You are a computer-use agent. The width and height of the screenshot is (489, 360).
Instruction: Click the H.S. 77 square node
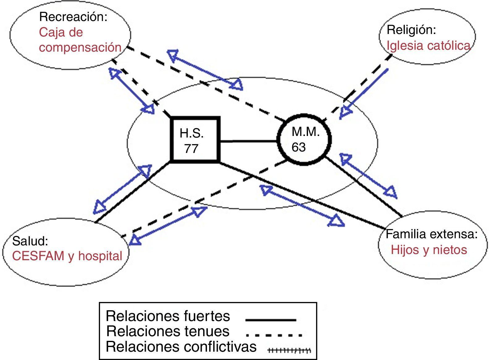point(195,139)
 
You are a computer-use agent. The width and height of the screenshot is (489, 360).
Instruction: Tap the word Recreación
point(73,17)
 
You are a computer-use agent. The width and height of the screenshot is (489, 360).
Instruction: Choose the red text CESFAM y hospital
point(67,256)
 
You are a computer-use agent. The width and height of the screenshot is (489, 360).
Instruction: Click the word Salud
point(30,241)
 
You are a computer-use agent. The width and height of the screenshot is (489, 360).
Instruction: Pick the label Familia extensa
point(432,234)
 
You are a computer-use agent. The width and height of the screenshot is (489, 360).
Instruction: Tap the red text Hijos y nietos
point(429,250)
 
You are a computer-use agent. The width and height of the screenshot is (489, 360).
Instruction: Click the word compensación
point(80,47)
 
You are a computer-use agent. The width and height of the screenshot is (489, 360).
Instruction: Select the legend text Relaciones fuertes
point(168,316)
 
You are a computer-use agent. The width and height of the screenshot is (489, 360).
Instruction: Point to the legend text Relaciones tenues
point(168,331)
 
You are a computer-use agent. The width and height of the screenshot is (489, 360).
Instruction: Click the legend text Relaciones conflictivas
point(181,347)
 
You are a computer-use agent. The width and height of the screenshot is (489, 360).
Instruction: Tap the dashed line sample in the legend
point(274,335)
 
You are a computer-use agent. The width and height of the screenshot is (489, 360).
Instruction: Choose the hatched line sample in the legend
point(289,350)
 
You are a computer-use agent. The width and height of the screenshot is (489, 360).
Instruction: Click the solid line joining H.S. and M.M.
point(249,142)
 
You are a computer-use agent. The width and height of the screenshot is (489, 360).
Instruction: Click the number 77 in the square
point(191,149)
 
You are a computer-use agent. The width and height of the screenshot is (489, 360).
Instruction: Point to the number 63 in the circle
point(299,147)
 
